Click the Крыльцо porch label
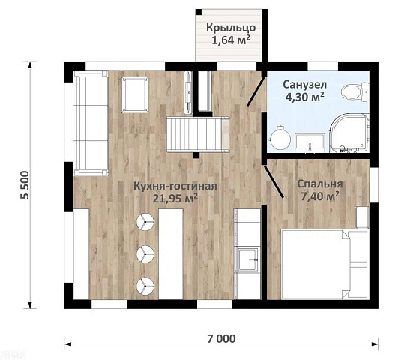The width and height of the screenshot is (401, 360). (x=231, y=28)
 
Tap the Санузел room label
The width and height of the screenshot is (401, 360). (x=304, y=84)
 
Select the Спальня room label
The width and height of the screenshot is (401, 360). (x=320, y=184)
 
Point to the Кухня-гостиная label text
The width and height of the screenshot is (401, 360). (x=175, y=186)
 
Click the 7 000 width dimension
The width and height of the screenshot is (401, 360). (x=221, y=338)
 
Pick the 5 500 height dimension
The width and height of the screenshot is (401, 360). (x=25, y=184)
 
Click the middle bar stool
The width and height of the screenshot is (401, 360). (x=145, y=253)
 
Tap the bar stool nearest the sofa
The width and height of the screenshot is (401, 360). (x=145, y=222)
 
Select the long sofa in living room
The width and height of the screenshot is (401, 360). (x=91, y=123)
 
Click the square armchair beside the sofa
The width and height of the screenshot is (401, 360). (x=135, y=94)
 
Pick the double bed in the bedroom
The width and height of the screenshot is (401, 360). (x=325, y=264)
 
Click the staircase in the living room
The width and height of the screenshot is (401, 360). (x=198, y=134)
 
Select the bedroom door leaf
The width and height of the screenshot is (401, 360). (x=274, y=181)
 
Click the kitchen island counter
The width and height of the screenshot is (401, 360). (x=171, y=254)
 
